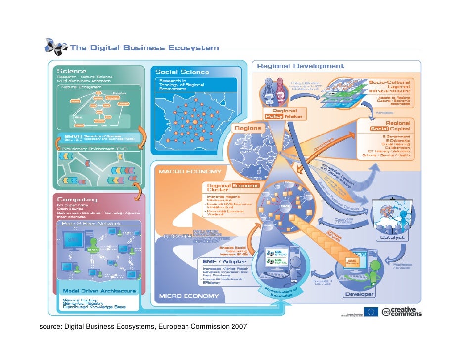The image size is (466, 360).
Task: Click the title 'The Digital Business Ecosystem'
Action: coord(145,48)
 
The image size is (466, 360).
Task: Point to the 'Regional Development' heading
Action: coord(300,66)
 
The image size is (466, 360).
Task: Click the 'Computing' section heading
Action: coord(77,200)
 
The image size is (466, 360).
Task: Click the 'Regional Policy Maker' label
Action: coord(285,114)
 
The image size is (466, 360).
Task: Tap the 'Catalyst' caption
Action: coord(392,237)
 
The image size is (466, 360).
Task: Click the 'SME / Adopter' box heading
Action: coord(224,261)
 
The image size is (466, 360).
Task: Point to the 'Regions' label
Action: coord(247,128)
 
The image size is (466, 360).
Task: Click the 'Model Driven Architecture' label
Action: coord(98,291)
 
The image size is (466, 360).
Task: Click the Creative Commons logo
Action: coord(401,312)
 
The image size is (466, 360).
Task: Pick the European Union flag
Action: coord(371,312)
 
